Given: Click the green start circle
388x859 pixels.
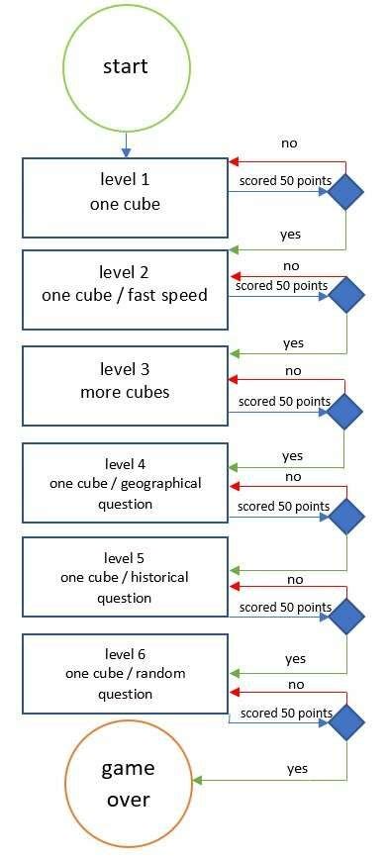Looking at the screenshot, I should [x=126, y=67].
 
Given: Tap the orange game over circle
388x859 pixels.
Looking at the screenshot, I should [x=127, y=783].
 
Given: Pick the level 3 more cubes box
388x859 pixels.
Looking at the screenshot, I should [x=126, y=381].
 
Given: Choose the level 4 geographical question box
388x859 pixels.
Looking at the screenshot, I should [x=126, y=483].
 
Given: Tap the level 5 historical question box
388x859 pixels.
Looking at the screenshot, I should [x=126, y=577].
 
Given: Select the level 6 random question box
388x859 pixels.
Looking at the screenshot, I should [x=126, y=673].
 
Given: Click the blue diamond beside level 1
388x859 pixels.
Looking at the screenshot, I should [x=345, y=192].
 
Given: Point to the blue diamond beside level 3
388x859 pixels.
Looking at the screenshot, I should [x=345, y=409].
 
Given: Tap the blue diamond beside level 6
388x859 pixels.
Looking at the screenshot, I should [x=345, y=722].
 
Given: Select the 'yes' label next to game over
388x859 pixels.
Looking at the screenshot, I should [x=297, y=768].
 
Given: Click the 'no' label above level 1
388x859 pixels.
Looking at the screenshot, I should [x=289, y=143].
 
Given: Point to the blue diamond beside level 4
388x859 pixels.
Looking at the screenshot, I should [x=345, y=515].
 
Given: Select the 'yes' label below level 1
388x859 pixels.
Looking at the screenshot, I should [x=290, y=235].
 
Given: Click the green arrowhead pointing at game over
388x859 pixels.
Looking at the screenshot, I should [x=197, y=781].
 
